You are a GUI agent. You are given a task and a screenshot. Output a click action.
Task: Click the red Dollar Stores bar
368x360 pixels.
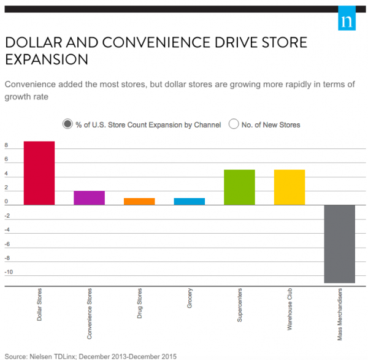[x=39, y=173]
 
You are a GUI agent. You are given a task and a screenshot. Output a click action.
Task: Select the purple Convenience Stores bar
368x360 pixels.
[x=90, y=197]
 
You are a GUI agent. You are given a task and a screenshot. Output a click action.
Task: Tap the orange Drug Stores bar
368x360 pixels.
[x=139, y=201]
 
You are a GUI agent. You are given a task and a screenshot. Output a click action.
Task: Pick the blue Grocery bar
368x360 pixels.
[x=190, y=201]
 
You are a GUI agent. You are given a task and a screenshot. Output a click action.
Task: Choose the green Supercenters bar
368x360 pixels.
[x=239, y=187]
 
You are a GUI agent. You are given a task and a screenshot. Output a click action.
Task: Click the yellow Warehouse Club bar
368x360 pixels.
[x=289, y=187]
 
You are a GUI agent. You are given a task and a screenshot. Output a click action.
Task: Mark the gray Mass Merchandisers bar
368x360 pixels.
[x=340, y=243]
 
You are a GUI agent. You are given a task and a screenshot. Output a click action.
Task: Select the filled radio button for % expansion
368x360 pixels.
[x=67, y=124]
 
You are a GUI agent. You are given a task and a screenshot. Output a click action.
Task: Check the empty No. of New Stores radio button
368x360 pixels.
[x=233, y=124]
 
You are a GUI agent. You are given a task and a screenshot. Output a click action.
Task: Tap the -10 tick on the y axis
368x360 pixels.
[x=7, y=272]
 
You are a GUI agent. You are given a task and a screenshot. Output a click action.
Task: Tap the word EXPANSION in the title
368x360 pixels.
[x=47, y=59]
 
